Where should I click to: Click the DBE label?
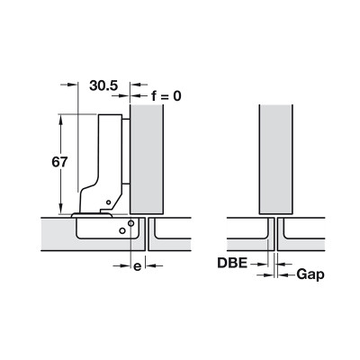coord(233,264)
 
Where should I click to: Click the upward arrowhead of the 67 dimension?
coord(62,119)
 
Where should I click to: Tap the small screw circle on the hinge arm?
coord(106,202)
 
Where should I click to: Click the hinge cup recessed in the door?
coord(103,228)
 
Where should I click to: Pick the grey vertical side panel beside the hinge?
coord(147,153)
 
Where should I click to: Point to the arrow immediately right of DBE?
coord(262,264)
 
